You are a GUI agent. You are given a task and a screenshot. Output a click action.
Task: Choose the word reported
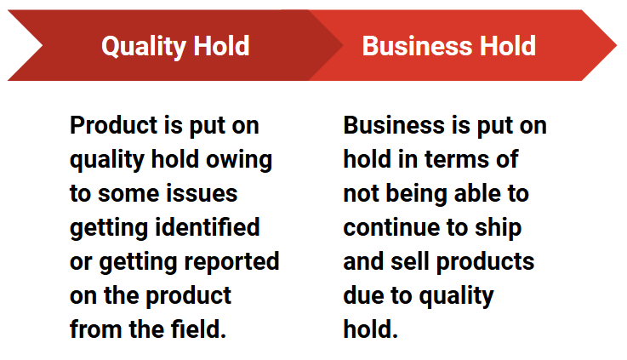click(230, 261)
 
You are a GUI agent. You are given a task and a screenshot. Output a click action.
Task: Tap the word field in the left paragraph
click(202, 329)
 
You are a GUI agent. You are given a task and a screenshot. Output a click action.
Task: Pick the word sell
click(413, 261)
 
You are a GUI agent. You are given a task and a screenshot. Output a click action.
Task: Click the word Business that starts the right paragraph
click(395, 126)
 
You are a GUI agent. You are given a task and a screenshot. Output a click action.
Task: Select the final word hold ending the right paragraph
click(370, 329)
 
